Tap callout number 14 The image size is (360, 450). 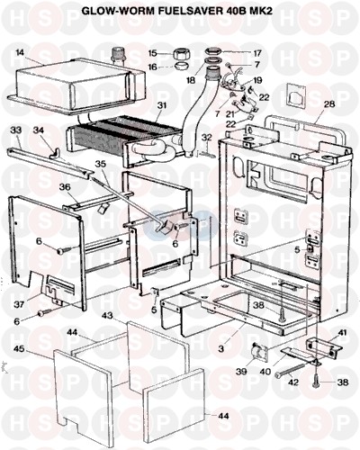coord(21,53)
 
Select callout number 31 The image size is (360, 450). coord(163,105)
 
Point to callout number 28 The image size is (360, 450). coord(329,104)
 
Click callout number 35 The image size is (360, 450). coord(102,164)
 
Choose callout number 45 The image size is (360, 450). coord(20,350)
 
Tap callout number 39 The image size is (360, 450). coord(241,372)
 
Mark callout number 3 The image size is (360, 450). coord(220,349)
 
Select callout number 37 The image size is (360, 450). coord(18,304)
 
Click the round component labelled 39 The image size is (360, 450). coord(258,351)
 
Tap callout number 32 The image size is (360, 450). coord(206,138)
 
